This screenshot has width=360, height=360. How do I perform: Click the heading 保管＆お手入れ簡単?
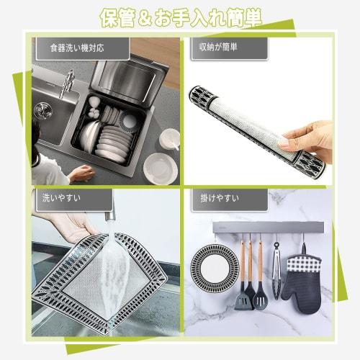click(x=179, y=16)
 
